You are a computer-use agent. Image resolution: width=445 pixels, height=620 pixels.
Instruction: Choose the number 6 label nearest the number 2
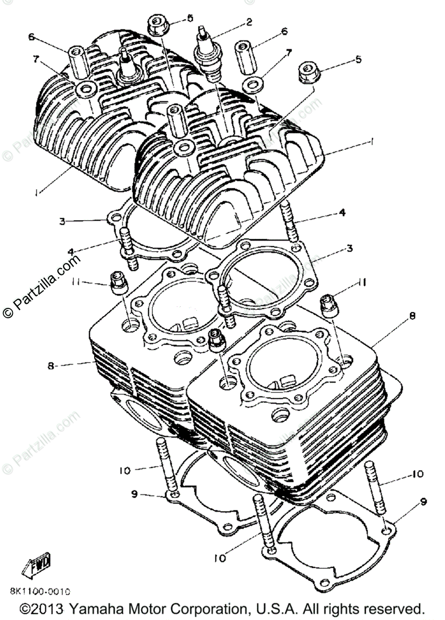284,31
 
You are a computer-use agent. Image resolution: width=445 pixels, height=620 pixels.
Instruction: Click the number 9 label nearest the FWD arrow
134,494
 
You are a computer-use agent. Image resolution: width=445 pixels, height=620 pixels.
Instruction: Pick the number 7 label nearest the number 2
288,53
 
